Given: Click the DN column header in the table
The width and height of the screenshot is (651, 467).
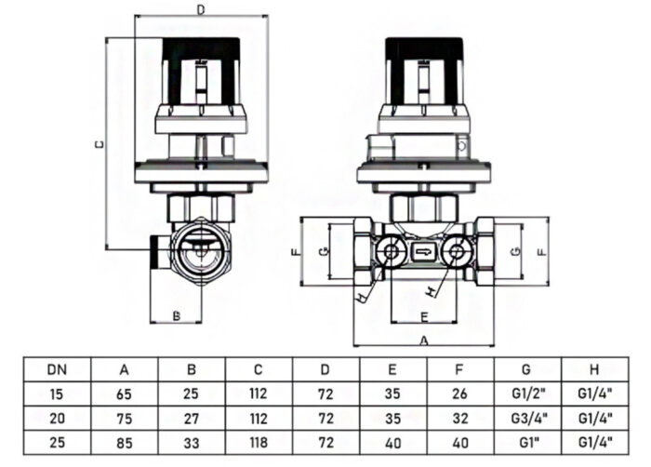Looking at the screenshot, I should [x=57, y=368].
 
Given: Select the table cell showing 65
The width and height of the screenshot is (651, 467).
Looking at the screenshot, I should [x=124, y=394].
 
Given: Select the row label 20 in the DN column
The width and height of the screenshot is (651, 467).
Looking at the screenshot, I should [x=57, y=419].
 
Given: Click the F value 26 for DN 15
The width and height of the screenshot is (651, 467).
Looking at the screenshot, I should [x=460, y=394].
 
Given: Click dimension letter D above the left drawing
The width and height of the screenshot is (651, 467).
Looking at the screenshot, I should [x=201, y=10].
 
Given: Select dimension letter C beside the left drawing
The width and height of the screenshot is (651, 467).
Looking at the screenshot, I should [x=100, y=144].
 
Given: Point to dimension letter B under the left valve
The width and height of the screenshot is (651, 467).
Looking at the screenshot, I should [x=177, y=315].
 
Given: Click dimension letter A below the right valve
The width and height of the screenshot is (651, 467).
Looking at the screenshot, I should [x=424, y=340].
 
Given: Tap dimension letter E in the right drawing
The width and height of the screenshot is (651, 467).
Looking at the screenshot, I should [x=423, y=315].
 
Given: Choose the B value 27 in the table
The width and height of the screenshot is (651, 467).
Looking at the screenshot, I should [x=192, y=419].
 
